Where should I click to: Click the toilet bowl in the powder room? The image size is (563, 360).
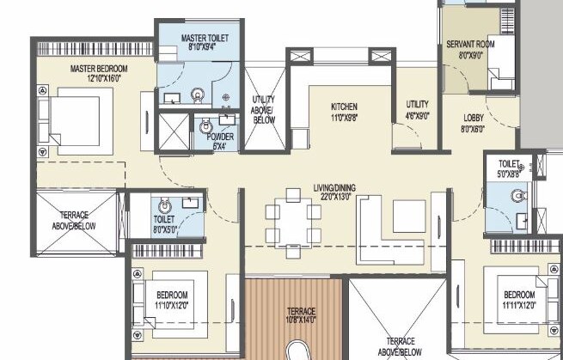tap(205, 129)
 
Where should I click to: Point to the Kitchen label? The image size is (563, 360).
tap(344, 107)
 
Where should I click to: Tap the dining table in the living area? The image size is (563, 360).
tap(293, 223)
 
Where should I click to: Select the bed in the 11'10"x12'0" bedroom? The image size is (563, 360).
tap(175, 300)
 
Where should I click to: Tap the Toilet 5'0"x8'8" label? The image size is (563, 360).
tap(509, 168)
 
